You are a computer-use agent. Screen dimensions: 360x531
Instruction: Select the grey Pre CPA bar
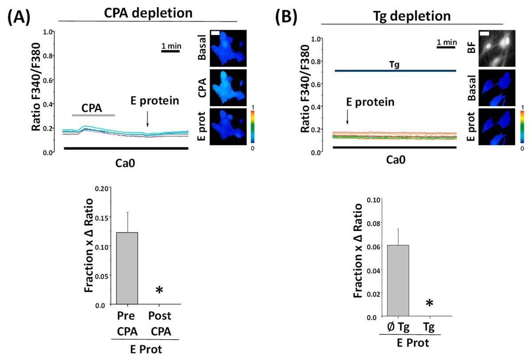pyautogui.click(x=127, y=268)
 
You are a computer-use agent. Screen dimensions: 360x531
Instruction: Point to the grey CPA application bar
pyautogui.click(x=93, y=115)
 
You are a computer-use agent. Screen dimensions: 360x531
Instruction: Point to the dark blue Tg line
pyautogui.click(x=395, y=70)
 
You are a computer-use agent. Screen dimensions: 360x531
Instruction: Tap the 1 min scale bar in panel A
pyautogui.click(x=170, y=51)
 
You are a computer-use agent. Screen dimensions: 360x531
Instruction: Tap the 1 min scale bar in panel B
pyautogui.click(x=446, y=47)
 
